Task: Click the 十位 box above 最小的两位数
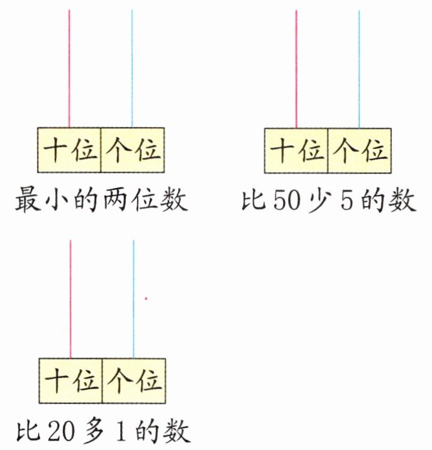[69, 150]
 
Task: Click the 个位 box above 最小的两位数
[133, 150]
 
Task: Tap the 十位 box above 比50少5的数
[296, 150]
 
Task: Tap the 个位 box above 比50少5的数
[360, 150]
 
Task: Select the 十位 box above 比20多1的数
[70, 380]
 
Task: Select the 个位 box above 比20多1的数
[134, 380]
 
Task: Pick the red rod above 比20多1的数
[70, 299]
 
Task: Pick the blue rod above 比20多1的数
[133, 299]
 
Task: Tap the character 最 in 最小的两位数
[26, 202]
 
